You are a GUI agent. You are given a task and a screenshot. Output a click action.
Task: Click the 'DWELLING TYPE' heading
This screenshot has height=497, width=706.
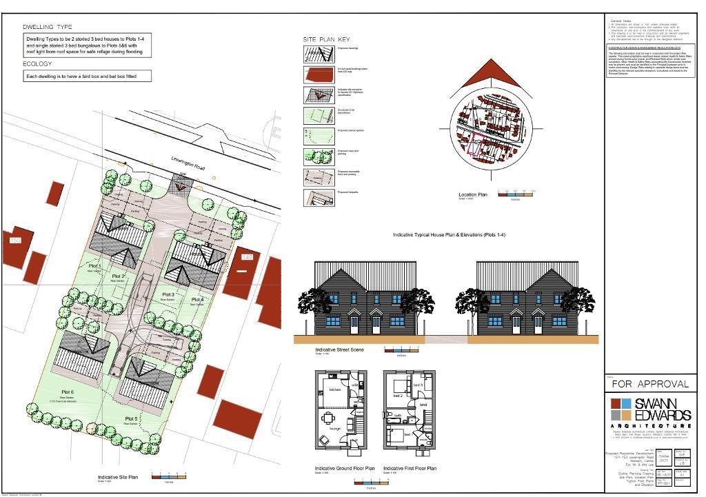coord(48,27)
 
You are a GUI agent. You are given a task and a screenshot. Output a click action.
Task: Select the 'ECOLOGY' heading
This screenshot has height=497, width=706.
coord(38,64)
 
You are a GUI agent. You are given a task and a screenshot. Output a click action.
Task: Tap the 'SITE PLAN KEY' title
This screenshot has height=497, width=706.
coord(326,40)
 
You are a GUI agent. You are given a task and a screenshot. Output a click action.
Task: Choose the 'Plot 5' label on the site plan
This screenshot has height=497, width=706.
coord(132,418)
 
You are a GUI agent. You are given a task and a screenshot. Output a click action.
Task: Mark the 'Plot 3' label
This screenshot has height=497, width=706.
coord(167,294)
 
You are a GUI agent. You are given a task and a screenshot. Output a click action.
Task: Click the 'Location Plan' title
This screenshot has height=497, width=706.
coord(473,195)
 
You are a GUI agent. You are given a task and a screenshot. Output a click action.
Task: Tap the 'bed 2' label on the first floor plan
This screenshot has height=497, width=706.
coord(398,396)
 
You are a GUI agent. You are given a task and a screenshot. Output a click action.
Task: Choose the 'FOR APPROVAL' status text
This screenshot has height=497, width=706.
coord(649,384)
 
